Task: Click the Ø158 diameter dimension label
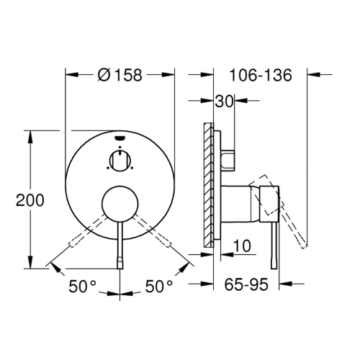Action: (120, 75)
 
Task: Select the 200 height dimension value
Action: (30, 200)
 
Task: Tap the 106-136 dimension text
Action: (261, 75)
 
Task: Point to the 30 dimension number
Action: (224, 101)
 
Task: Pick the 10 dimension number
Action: (242, 246)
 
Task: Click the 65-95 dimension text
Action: (246, 284)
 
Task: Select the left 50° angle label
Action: (82, 287)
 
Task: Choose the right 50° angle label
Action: (159, 287)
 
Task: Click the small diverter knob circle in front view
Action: (120, 161)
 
